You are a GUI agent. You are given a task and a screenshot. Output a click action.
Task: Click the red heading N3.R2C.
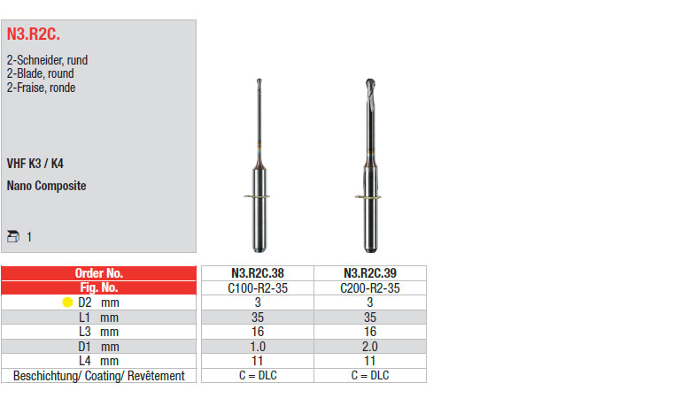pyautogui.click(x=34, y=34)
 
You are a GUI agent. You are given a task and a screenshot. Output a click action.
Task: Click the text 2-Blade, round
pyautogui.click(x=41, y=73)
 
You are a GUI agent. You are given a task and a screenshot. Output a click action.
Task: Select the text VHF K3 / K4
pyautogui.click(x=35, y=164)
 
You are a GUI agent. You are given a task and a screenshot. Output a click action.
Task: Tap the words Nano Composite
pyautogui.click(x=46, y=186)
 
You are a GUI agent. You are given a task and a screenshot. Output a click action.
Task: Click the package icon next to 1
pyautogui.click(x=13, y=236)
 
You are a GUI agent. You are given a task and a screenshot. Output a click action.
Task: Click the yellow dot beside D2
pyautogui.click(x=67, y=302)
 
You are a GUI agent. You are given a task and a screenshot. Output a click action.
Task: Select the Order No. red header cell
pyautogui.click(x=98, y=273)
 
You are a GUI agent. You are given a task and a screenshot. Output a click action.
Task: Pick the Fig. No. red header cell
pyautogui.click(x=98, y=287)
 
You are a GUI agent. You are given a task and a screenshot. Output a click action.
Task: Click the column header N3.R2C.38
pyautogui.click(x=258, y=273)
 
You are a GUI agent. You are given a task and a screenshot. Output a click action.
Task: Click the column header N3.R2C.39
pyautogui.click(x=370, y=273)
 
